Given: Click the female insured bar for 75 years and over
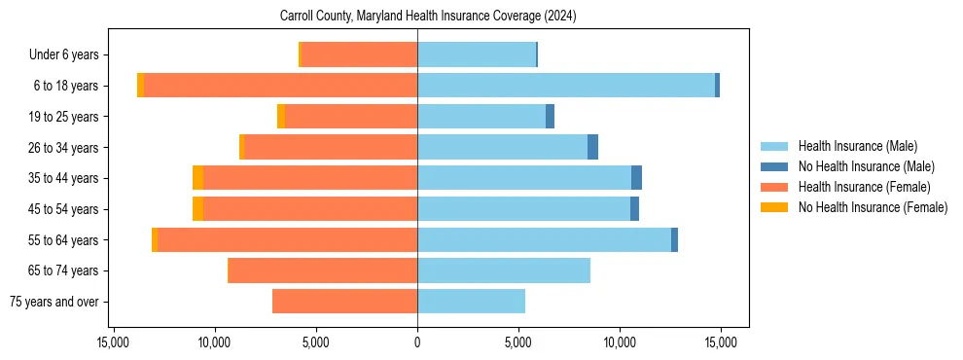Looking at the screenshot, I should pyautogui.click(x=344, y=302).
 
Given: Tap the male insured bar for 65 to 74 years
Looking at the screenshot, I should pyautogui.click(x=504, y=270).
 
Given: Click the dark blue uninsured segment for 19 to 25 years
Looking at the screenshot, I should pyautogui.click(x=550, y=117).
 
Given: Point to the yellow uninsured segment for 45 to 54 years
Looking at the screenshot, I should pyautogui.click(x=197, y=209).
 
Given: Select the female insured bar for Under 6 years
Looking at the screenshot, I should pyautogui.click(x=359, y=54).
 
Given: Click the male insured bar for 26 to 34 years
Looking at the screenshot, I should pyautogui.click(x=502, y=147).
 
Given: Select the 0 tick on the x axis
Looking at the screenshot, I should pyautogui.click(x=417, y=342).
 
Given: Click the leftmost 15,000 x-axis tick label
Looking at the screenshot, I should pyautogui.click(x=114, y=342).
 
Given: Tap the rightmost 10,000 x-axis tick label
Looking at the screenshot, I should pyautogui.click(x=620, y=342).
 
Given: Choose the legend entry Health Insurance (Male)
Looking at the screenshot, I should pyautogui.click(x=857, y=146).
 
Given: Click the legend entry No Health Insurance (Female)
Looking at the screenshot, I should pyautogui.click(x=873, y=207).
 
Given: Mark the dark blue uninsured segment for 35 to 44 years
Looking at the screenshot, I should pyautogui.click(x=636, y=178).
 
